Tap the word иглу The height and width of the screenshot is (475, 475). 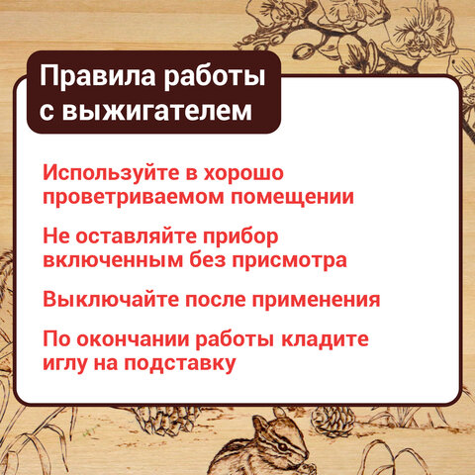[67, 364]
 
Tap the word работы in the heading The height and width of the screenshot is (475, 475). [217, 76]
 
